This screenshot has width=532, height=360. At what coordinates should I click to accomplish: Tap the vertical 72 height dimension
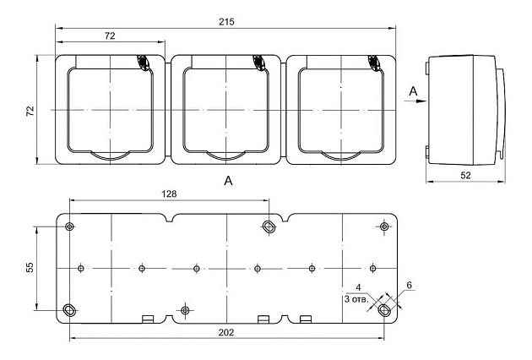click(x=30, y=111)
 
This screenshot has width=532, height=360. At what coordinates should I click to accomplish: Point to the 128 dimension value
click(x=168, y=194)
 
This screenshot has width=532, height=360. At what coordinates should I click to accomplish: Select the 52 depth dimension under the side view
click(x=467, y=175)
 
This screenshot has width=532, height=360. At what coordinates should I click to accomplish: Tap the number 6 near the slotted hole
click(x=409, y=286)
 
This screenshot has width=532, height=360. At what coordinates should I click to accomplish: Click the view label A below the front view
click(x=227, y=180)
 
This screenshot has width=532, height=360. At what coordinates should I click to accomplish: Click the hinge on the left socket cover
click(x=141, y=63)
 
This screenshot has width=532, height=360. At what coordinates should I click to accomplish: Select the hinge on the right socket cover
click(x=373, y=63)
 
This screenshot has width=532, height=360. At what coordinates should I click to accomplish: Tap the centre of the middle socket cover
click(x=227, y=110)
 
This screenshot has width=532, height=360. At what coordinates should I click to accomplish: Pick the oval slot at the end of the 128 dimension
click(x=269, y=226)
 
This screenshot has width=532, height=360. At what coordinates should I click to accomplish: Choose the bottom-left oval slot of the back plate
click(x=69, y=309)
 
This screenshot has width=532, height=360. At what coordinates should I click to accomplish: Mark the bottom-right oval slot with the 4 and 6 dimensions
click(x=384, y=310)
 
